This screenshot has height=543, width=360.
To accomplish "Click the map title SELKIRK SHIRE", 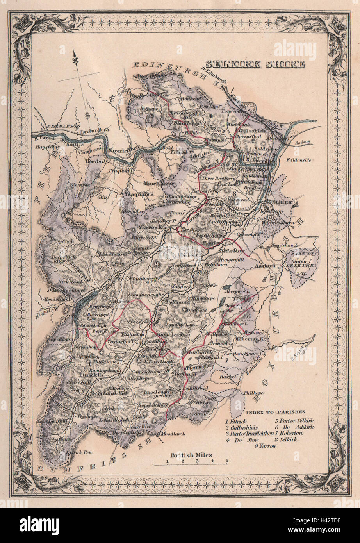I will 255,64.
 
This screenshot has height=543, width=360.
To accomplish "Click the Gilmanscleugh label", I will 145,294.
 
